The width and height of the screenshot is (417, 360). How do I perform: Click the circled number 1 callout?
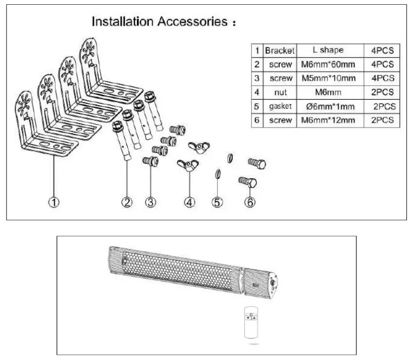point(54,202)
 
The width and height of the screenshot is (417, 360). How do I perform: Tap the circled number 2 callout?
point(127,202)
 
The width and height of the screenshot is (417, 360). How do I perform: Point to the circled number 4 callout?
point(190,202)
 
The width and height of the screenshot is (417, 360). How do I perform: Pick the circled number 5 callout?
point(218,202)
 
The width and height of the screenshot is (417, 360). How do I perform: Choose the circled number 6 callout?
point(250,202)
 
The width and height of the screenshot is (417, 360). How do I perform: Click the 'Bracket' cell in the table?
point(279,51)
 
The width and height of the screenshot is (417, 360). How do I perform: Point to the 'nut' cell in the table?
point(279,92)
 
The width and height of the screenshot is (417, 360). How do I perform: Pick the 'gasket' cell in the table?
point(279,106)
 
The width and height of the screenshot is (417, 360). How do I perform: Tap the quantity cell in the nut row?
point(381,92)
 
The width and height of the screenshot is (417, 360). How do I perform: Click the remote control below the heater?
point(251,322)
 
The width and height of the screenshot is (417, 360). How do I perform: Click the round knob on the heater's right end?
point(274,283)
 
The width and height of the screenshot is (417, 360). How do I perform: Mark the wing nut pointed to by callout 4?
point(189,165)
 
